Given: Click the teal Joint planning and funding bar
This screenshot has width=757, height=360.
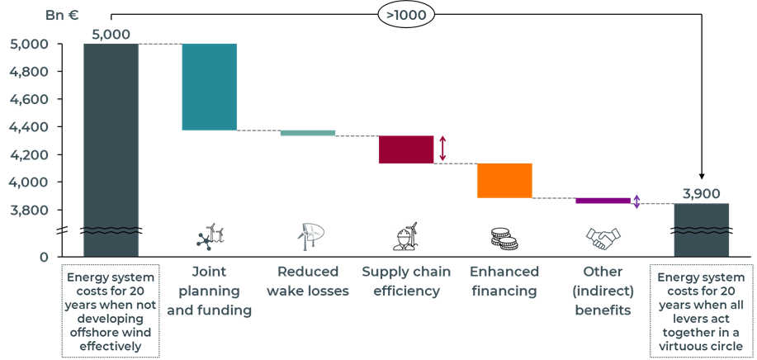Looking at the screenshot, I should (x=210, y=87).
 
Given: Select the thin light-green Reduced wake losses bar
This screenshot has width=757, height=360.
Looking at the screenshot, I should (x=308, y=133).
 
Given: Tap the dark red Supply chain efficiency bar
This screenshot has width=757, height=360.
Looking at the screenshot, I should (x=406, y=150).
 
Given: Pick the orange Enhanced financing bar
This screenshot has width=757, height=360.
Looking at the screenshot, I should (x=504, y=180).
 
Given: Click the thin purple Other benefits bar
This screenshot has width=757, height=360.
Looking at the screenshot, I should (x=603, y=201).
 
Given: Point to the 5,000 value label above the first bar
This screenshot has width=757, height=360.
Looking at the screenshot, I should (x=111, y=35).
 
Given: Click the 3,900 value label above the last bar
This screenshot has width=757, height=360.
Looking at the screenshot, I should (x=701, y=194).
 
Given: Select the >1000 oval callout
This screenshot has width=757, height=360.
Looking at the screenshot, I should (x=405, y=15).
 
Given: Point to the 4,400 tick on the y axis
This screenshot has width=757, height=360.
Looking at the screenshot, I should (x=29, y=127).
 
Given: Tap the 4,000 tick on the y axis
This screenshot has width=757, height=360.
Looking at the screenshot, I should (x=29, y=182).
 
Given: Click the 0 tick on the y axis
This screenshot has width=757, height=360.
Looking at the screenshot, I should (x=44, y=258).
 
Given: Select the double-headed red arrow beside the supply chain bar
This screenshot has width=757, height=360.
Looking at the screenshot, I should (x=443, y=149).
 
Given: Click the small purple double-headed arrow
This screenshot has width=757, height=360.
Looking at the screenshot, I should (x=636, y=201).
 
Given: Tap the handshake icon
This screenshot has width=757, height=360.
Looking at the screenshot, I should (x=603, y=239).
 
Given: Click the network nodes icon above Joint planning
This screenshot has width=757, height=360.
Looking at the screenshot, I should (x=203, y=241).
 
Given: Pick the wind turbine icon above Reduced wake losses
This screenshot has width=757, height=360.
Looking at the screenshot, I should (x=310, y=237).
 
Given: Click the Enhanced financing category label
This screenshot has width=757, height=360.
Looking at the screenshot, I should (x=504, y=281).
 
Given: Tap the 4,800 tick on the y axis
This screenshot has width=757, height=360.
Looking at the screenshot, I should (x=29, y=72).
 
